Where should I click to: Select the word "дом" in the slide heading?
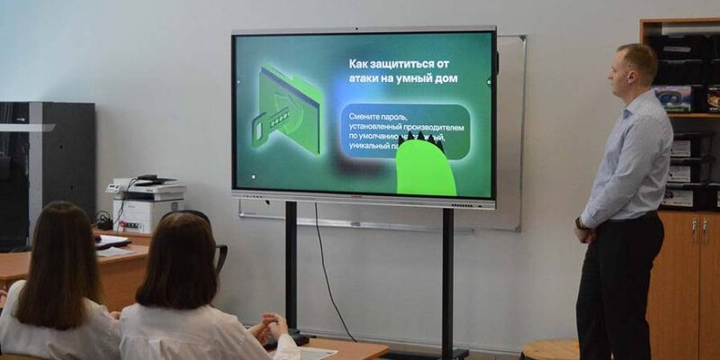pos(445,78)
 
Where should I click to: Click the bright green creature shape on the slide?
pos(426,166)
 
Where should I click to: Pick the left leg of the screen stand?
pos(292,270)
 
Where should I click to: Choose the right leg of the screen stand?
pos(447,279)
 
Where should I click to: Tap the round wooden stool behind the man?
pos(549,350)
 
